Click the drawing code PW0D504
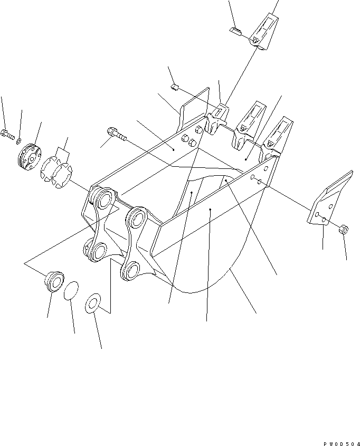(341, 444)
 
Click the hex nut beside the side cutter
(344, 229)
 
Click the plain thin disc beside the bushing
(71, 291)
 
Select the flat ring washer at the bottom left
(93, 304)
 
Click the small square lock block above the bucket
(174, 87)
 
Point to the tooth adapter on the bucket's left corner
(216, 119)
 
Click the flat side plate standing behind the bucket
(193, 109)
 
